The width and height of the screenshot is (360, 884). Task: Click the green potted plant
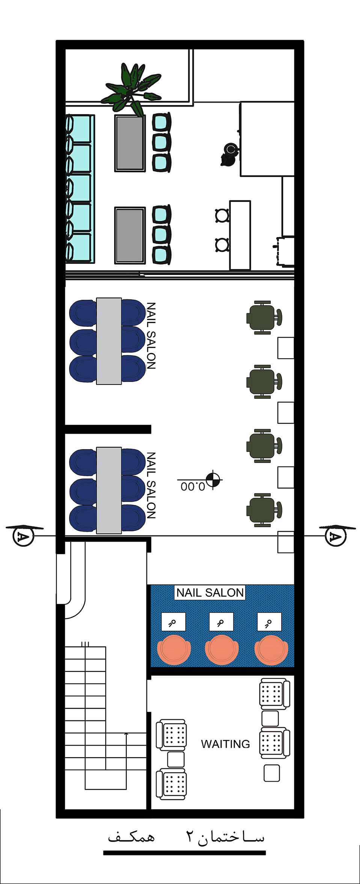[131, 90]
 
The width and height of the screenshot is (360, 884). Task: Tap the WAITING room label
[225, 744]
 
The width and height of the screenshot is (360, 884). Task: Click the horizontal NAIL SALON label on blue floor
[210, 592]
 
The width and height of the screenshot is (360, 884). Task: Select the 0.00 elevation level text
[193, 487]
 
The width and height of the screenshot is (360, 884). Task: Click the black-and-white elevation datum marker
[213, 480]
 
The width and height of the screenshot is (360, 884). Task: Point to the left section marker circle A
[23, 536]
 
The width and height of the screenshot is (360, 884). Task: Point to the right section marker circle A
[335, 536]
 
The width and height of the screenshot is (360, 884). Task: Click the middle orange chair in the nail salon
[221, 649]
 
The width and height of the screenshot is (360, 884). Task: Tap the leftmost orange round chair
[174, 649]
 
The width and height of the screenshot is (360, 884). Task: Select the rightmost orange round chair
[271, 649]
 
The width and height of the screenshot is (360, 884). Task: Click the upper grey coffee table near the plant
[130, 143]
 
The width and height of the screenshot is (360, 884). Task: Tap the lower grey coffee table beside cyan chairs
[130, 235]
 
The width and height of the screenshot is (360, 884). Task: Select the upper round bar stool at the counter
[222, 215]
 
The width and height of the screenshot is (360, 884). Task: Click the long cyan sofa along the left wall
[80, 189]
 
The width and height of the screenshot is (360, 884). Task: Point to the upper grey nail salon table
[109, 341]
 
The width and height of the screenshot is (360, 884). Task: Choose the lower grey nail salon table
[109, 490]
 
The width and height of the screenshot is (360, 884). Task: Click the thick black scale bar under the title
[184, 853]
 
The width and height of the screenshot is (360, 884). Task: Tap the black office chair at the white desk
[229, 154]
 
